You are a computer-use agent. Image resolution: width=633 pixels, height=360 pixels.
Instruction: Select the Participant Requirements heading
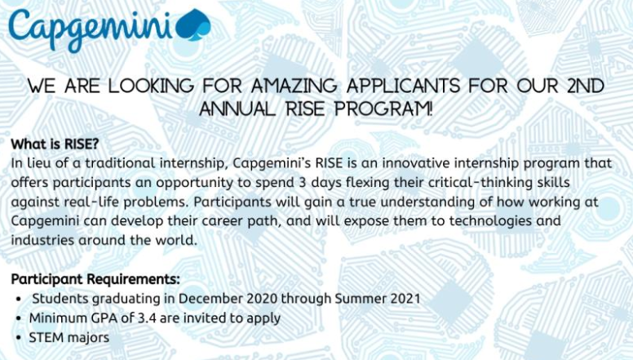pos(95,279)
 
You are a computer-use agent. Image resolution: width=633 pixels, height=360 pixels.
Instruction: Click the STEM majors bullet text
pos(69,337)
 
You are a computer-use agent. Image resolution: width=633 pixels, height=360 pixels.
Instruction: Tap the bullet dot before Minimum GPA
pos(18,318)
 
